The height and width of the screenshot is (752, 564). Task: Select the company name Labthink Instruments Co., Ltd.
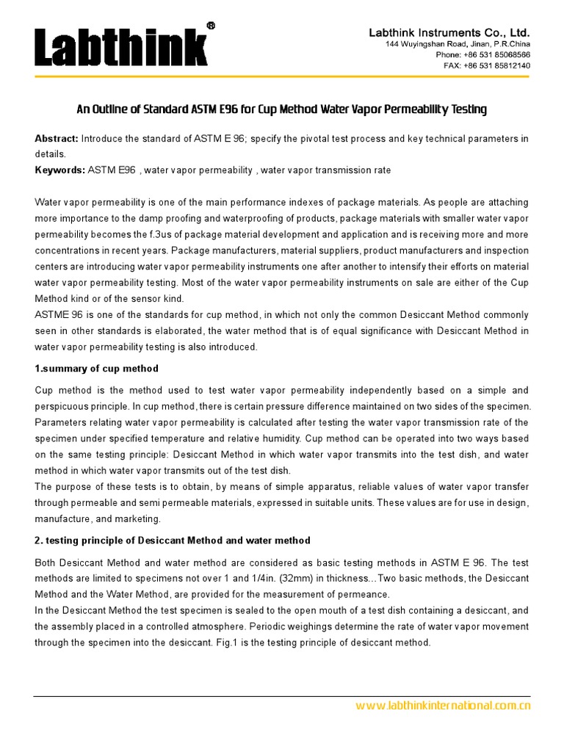point(449,33)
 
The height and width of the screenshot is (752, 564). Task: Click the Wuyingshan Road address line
point(458,45)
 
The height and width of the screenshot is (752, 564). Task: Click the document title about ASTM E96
point(282,109)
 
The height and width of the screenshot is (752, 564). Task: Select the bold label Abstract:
point(57,139)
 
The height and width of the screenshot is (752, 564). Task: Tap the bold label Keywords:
point(60,170)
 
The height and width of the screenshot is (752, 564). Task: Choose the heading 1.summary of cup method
point(96,368)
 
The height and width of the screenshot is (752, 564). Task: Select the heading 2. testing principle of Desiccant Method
point(173,540)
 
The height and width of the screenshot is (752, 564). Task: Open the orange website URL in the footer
point(442,706)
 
